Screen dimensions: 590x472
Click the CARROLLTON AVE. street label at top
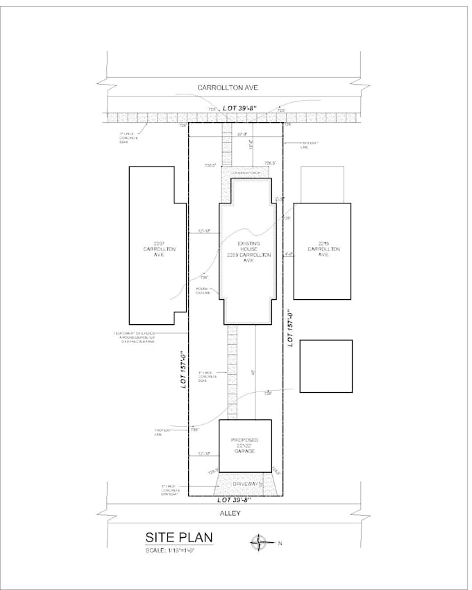coord(228,88)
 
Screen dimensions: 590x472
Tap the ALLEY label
coord(229,513)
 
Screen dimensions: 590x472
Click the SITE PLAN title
coord(178,537)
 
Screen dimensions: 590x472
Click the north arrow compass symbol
coord(259,541)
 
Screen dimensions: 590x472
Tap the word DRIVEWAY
coord(244,484)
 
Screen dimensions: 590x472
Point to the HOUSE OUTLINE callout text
coord(202,290)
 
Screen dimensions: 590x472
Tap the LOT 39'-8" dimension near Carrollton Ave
coord(239,108)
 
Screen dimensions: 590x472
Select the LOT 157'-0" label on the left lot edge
coord(185,368)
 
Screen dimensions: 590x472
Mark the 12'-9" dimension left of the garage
coord(204,454)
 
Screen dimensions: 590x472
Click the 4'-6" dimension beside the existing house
coord(288,254)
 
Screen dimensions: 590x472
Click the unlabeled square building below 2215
coord(326,366)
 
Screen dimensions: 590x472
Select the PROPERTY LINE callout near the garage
coord(162,432)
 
